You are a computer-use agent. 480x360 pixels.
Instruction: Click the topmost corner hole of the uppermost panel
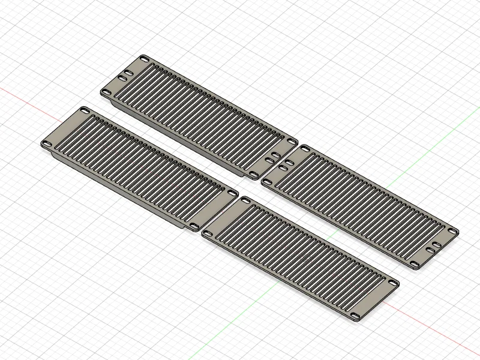145,58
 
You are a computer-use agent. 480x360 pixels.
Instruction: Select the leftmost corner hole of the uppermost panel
106,92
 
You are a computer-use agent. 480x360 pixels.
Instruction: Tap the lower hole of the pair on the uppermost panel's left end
122,79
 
